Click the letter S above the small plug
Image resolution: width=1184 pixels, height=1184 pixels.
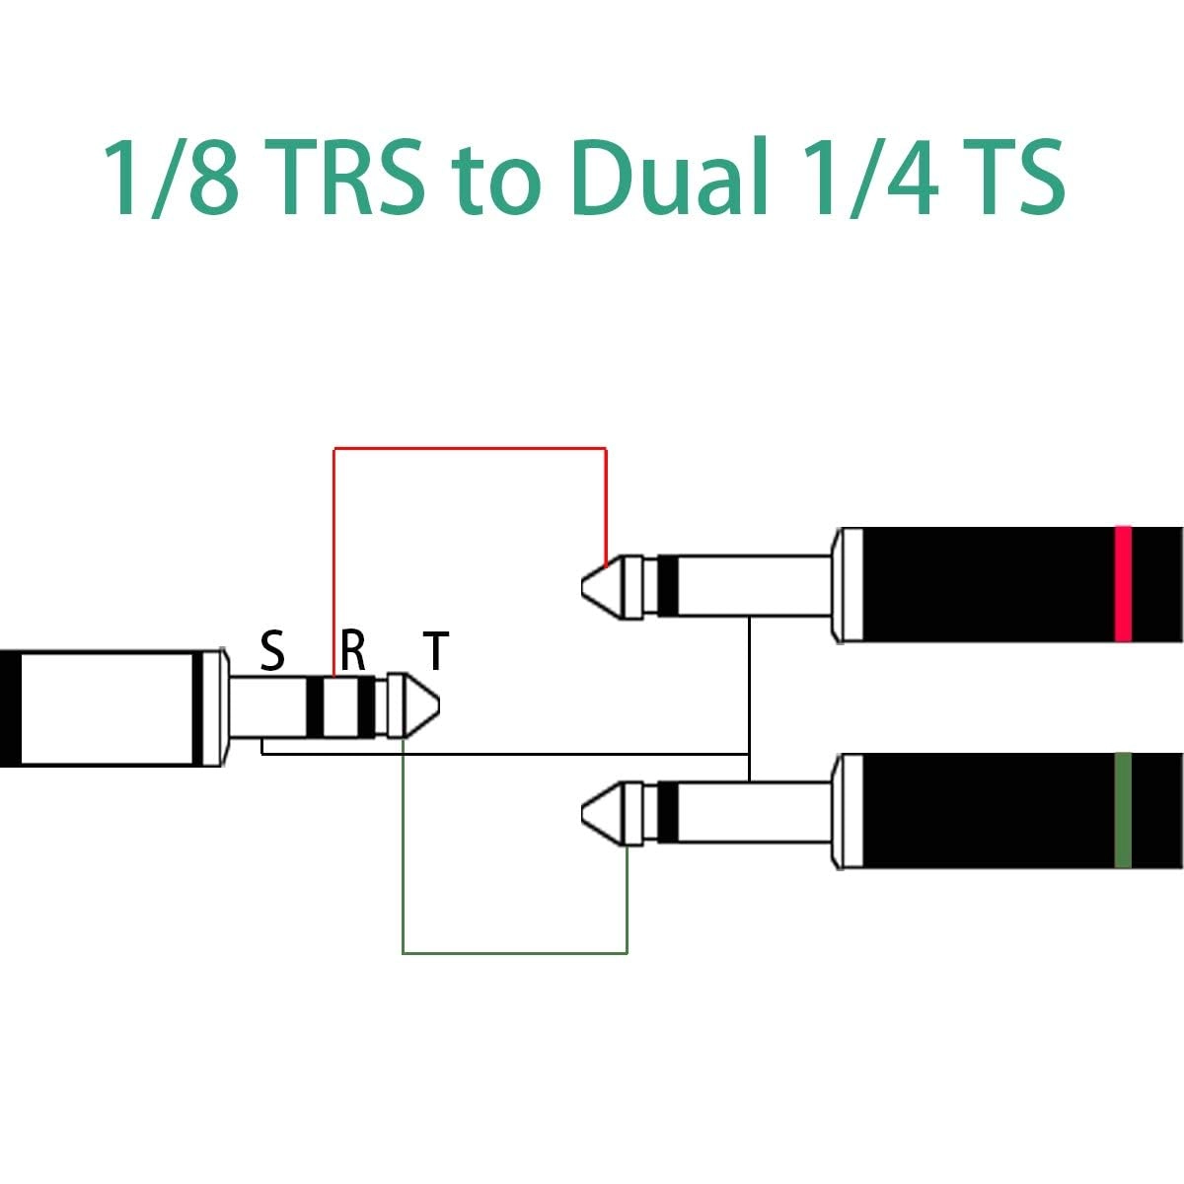pos(272,651)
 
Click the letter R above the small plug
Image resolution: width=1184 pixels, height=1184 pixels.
pos(353,651)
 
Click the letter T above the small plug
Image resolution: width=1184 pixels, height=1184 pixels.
pos(436,651)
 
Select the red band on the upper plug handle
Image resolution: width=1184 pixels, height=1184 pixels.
pos(1122,584)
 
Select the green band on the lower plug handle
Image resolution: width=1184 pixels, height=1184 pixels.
pos(1122,811)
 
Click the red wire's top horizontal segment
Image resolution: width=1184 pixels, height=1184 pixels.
pos(470,449)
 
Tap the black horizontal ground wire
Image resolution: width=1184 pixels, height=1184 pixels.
pos(553,755)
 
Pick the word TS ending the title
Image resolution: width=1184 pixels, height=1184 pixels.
pos(1013,178)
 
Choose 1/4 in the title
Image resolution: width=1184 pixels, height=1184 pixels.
pos(868,178)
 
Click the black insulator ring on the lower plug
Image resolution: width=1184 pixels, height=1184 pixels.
pos(668,811)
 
